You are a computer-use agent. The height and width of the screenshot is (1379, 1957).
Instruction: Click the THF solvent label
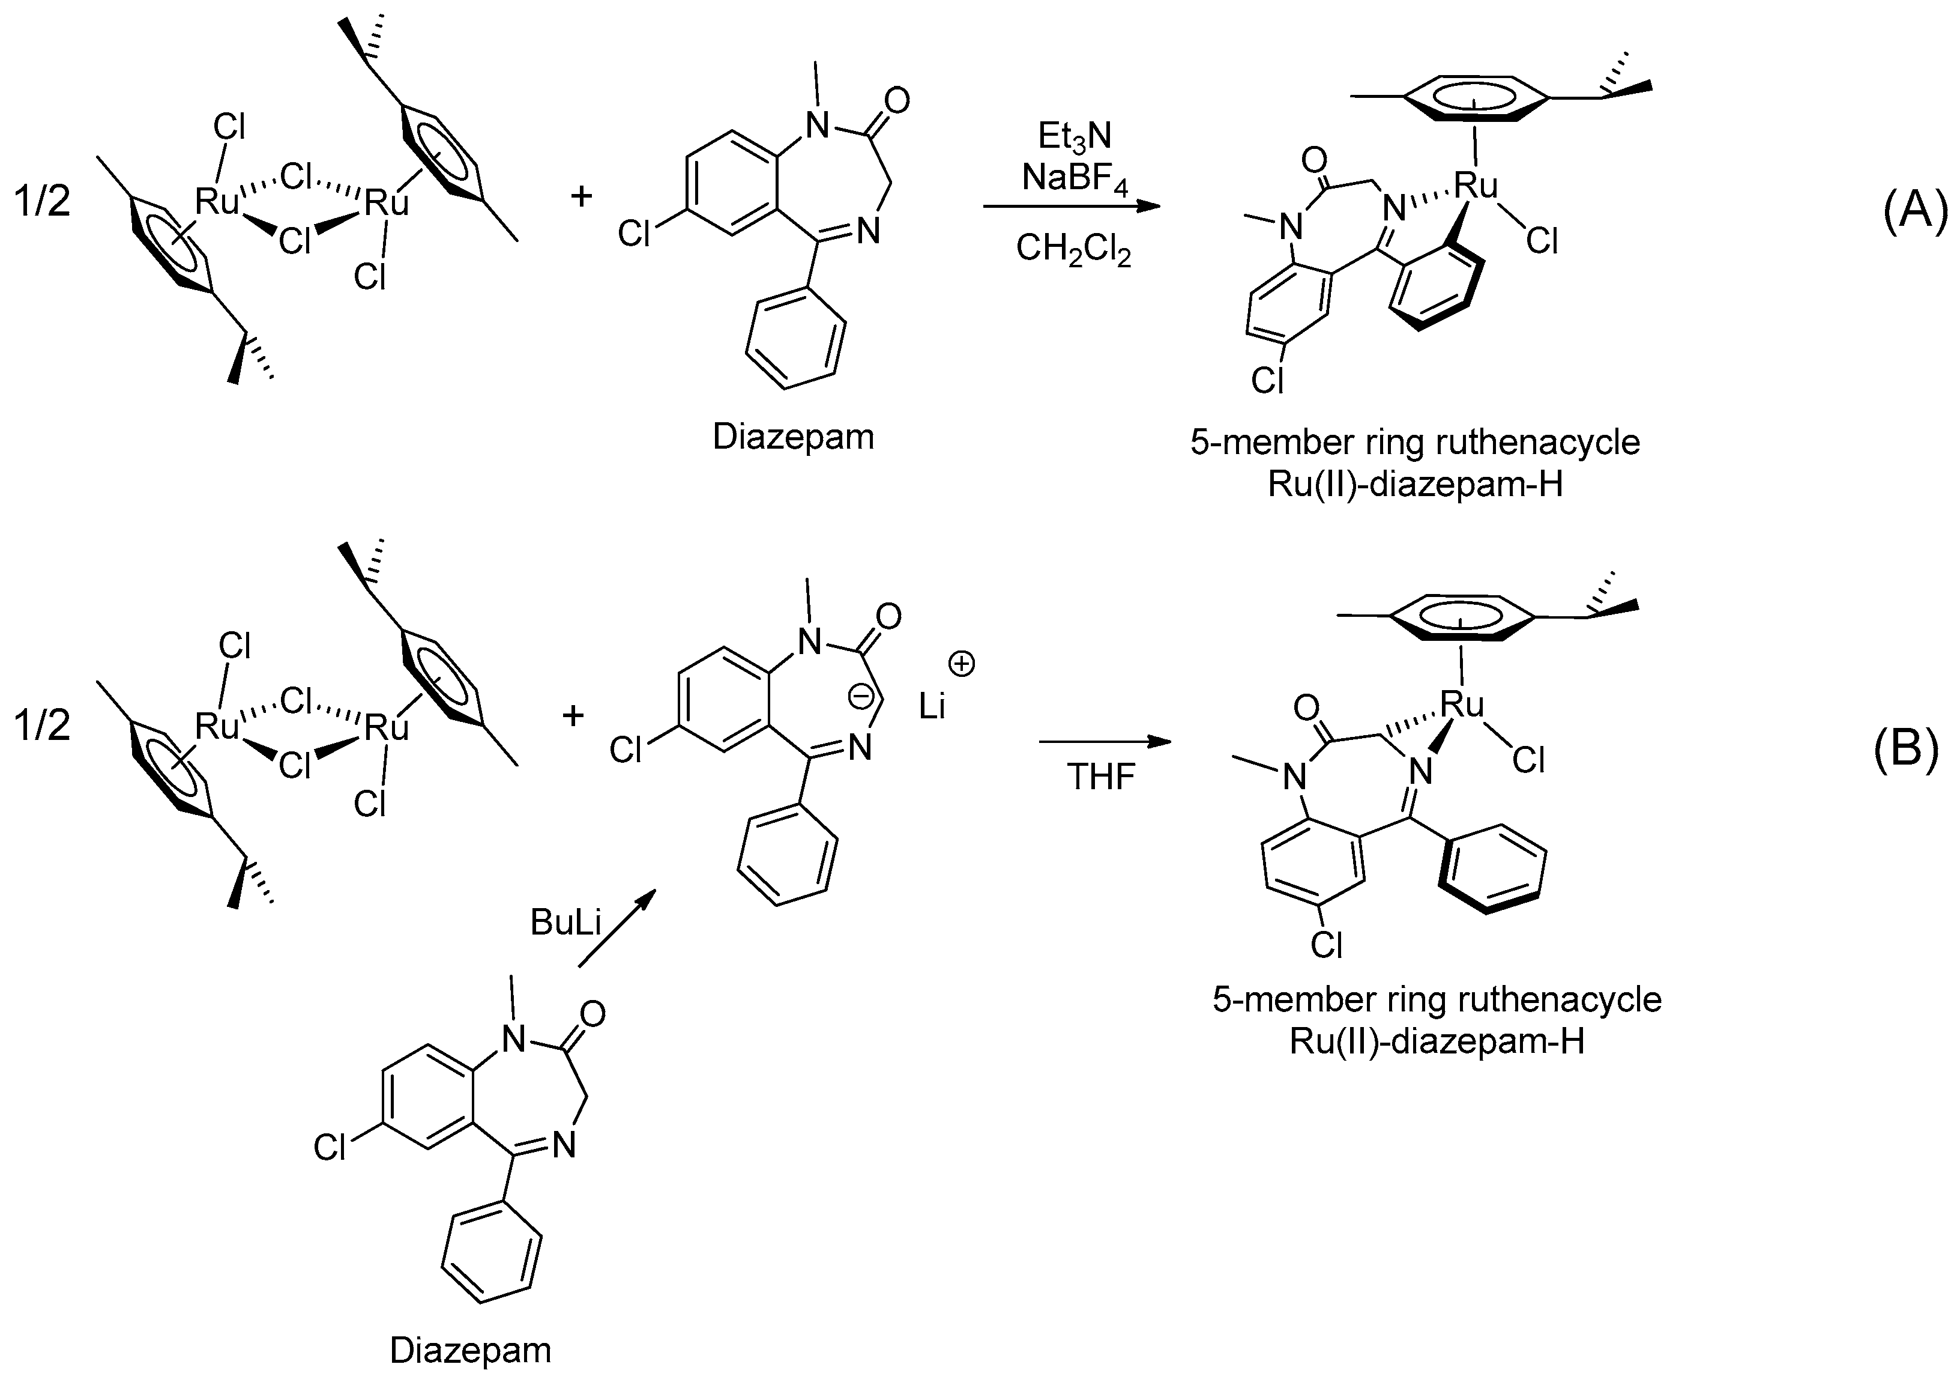[x=1100, y=778]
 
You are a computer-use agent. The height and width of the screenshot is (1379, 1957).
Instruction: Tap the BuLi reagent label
[x=565, y=922]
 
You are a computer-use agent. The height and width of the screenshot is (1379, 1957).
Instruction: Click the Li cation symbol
[x=932, y=706]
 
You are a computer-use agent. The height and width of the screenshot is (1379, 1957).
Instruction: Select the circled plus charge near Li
[x=962, y=664]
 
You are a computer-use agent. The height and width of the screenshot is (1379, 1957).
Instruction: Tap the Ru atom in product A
[x=1476, y=185]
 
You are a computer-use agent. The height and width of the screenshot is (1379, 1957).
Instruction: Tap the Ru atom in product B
[x=1462, y=705]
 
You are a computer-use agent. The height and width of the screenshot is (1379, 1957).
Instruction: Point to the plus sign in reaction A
[x=581, y=197]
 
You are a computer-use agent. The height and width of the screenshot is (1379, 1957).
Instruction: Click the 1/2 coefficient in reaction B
[x=42, y=726]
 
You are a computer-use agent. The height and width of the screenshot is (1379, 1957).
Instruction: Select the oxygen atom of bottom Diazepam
[x=591, y=1014]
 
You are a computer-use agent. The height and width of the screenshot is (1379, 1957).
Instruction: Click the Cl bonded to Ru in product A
[x=1541, y=242]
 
